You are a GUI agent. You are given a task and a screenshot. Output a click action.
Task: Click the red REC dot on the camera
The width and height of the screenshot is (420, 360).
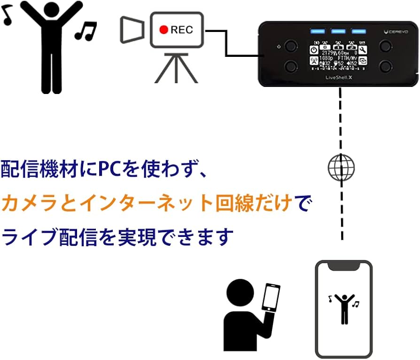point(163,30)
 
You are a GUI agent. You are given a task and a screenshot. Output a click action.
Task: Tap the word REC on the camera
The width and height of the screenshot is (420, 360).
point(181,30)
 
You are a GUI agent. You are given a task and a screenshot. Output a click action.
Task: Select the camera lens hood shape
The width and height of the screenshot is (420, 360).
point(132,29)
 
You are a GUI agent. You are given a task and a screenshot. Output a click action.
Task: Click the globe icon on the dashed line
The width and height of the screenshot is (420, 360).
point(341,168)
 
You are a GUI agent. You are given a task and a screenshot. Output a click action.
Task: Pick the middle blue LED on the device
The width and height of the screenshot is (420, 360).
point(338,31)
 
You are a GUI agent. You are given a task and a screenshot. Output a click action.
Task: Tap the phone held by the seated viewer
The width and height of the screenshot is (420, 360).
point(270,297)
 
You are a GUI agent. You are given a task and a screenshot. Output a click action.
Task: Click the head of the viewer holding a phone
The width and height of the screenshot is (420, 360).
point(241,293)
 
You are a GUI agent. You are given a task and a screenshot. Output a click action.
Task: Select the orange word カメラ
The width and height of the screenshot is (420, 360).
point(35,203)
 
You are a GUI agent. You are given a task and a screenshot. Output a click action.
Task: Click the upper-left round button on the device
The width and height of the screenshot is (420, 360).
point(292,46)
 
